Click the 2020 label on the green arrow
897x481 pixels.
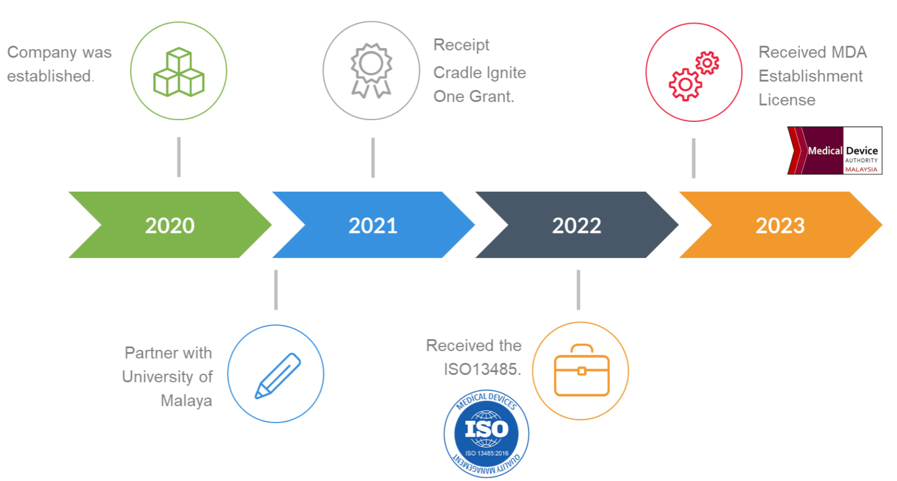(x=170, y=225)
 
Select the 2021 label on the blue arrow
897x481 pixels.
(x=373, y=225)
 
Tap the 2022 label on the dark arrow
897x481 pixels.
(x=577, y=225)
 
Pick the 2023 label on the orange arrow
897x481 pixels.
(x=780, y=225)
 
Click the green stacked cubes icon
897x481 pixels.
(x=179, y=72)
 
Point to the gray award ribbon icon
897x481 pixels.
(x=371, y=70)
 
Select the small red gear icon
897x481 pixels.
(x=707, y=63)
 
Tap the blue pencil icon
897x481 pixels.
(x=278, y=376)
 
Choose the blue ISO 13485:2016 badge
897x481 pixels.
(x=486, y=434)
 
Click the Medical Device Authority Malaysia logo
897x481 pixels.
(x=835, y=151)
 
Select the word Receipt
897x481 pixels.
(x=461, y=45)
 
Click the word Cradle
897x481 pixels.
(x=457, y=73)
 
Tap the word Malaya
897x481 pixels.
(x=186, y=401)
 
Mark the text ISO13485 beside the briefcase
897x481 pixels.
(x=482, y=369)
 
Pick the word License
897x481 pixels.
(x=787, y=100)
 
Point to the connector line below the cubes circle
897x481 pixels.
(x=179, y=157)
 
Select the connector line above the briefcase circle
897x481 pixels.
(x=578, y=290)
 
